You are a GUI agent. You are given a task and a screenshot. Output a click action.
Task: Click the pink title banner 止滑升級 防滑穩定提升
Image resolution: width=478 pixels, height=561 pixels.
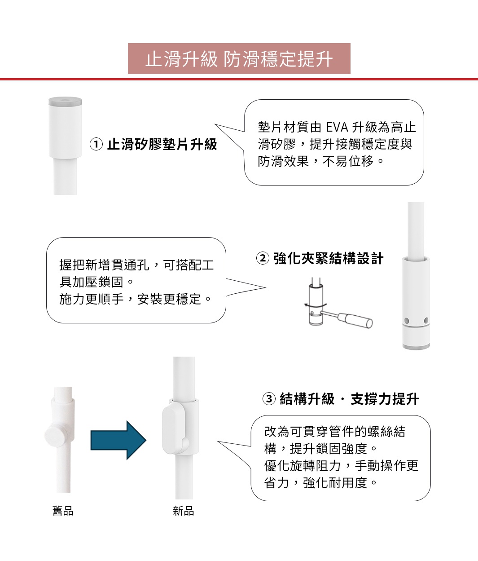(239, 59)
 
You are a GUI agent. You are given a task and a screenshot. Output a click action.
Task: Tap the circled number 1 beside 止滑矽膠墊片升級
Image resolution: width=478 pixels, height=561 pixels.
(96, 144)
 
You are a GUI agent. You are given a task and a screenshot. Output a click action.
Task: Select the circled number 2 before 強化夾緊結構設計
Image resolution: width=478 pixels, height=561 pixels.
(263, 258)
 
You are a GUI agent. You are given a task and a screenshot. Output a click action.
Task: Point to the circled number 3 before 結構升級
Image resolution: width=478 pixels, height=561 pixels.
(268, 399)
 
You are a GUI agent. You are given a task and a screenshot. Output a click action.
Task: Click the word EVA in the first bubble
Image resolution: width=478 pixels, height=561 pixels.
(337, 128)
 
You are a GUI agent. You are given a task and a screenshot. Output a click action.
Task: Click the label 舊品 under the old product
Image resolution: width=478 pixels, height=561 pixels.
(63, 511)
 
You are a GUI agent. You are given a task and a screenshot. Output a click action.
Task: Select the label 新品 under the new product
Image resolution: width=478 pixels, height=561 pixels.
(184, 511)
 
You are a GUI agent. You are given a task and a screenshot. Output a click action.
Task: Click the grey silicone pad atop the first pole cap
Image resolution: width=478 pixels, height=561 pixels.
(65, 102)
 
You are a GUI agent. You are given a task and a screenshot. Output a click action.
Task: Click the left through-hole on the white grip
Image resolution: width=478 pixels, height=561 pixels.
(406, 321)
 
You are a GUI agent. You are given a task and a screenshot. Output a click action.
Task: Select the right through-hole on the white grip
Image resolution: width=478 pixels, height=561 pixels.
(426, 320)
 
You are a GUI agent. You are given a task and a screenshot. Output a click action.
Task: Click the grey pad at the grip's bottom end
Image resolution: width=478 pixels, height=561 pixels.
(416, 346)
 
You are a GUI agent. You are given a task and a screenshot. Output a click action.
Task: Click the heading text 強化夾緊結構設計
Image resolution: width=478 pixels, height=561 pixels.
(329, 258)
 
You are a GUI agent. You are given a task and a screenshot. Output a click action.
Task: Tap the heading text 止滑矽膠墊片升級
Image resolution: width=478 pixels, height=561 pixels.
(162, 144)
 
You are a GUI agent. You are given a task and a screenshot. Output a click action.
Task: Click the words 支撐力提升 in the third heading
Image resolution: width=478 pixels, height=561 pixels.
(385, 399)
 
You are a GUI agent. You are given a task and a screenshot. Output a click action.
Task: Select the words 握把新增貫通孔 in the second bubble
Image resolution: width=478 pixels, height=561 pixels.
(105, 265)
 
